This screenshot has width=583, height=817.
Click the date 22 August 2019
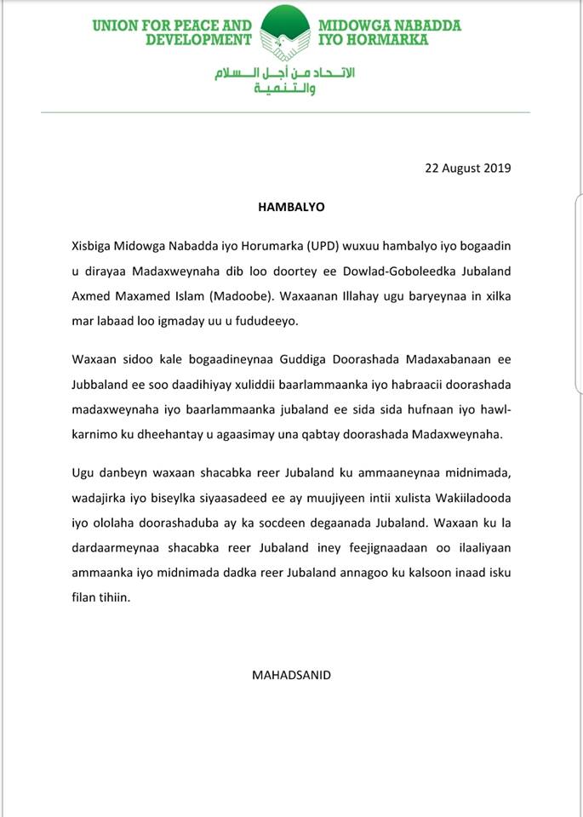click(467, 168)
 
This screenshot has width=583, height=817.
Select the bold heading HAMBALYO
click(291, 207)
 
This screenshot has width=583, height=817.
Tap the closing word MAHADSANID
click(291, 675)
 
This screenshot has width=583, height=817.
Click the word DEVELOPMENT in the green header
click(198, 39)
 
